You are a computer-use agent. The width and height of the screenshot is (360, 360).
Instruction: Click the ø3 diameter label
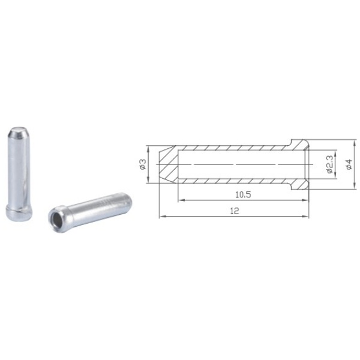143,164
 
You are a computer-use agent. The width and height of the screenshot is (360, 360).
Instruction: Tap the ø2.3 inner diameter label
329,164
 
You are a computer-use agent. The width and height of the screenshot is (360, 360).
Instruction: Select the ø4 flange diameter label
349,164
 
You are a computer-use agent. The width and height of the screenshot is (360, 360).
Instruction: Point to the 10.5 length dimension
243,194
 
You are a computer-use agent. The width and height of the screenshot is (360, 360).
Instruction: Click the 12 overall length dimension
234,211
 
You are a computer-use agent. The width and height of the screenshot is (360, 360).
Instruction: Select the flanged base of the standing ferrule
19,213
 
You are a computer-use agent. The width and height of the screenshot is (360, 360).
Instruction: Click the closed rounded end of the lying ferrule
128,200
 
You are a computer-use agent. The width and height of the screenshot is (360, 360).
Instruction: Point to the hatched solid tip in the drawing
169,164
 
